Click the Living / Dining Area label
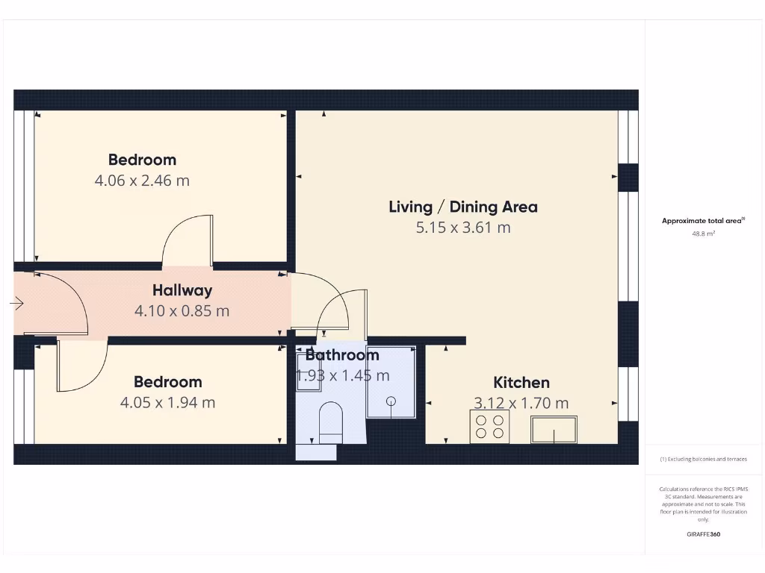pyautogui.click(x=463, y=207)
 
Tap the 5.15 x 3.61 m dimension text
pyautogui.click(x=463, y=228)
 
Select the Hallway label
pyautogui.click(x=182, y=290)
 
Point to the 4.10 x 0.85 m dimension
pyautogui.click(x=182, y=311)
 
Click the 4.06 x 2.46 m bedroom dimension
pyautogui.click(x=142, y=181)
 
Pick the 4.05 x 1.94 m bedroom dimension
pyautogui.click(x=167, y=403)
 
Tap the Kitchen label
pyautogui.click(x=521, y=383)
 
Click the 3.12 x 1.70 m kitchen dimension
pyautogui.click(x=521, y=404)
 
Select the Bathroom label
pyautogui.click(x=342, y=355)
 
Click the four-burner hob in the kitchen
pyautogui.click(x=489, y=427)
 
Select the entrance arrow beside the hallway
pyautogui.click(x=17, y=304)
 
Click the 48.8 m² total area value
pyautogui.click(x=703, y=234)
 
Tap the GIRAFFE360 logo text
pyautogui.click(x=703, y=534)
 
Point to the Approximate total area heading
pyautogui.click(x=703, y=220)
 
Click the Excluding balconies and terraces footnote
pyautogui.click(x=703, y=459)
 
